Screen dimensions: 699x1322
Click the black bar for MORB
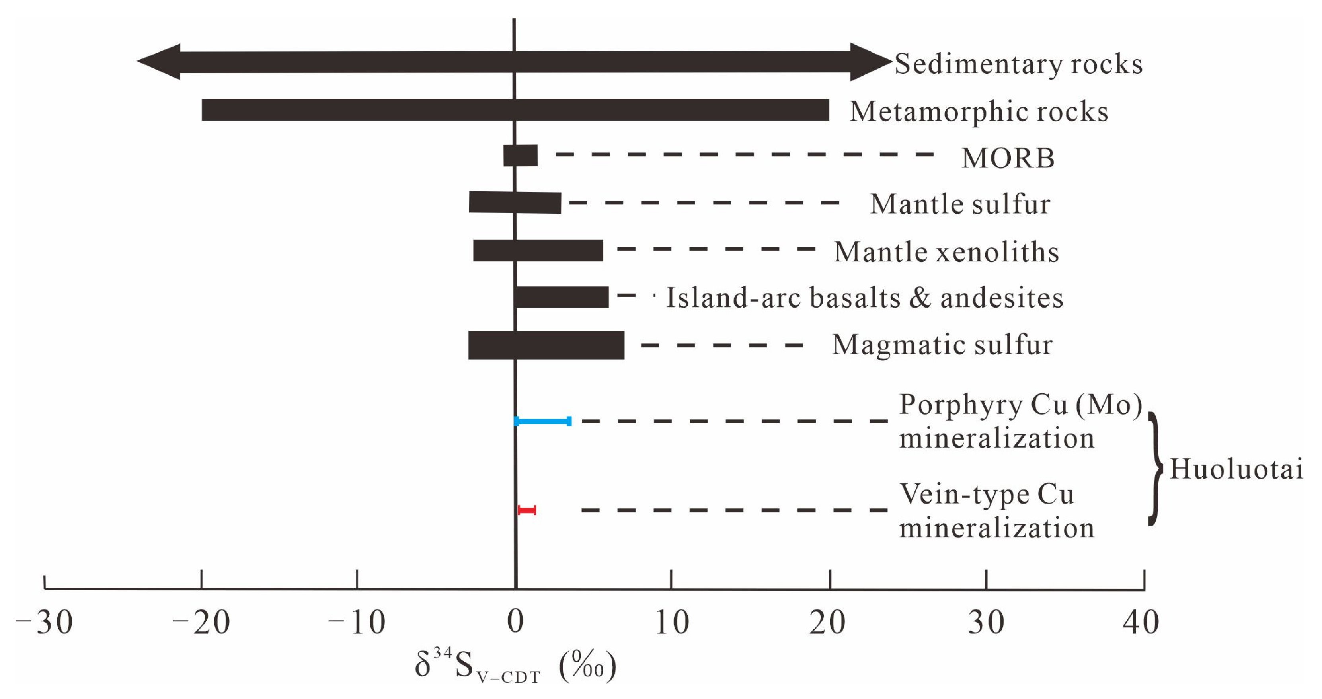[x=521, y=156]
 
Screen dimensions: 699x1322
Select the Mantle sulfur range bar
[x=515, y=202]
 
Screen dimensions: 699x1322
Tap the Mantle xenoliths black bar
[x=538, y=251]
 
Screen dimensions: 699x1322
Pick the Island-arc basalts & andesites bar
[x=562, y=297]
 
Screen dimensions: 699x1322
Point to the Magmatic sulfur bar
[x=546, y=345]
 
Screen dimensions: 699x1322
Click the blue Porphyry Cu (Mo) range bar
[x=542, y=421]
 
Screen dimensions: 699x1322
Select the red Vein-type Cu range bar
[x=527, y=510]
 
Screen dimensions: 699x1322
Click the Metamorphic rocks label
[x=979, y=112]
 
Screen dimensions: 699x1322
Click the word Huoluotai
[x=1236, y=469]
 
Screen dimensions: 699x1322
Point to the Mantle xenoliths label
[x=946, y=252]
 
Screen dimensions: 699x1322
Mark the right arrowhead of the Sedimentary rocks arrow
[x=870, y=62]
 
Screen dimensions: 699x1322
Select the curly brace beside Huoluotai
[x=1156, y=469]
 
